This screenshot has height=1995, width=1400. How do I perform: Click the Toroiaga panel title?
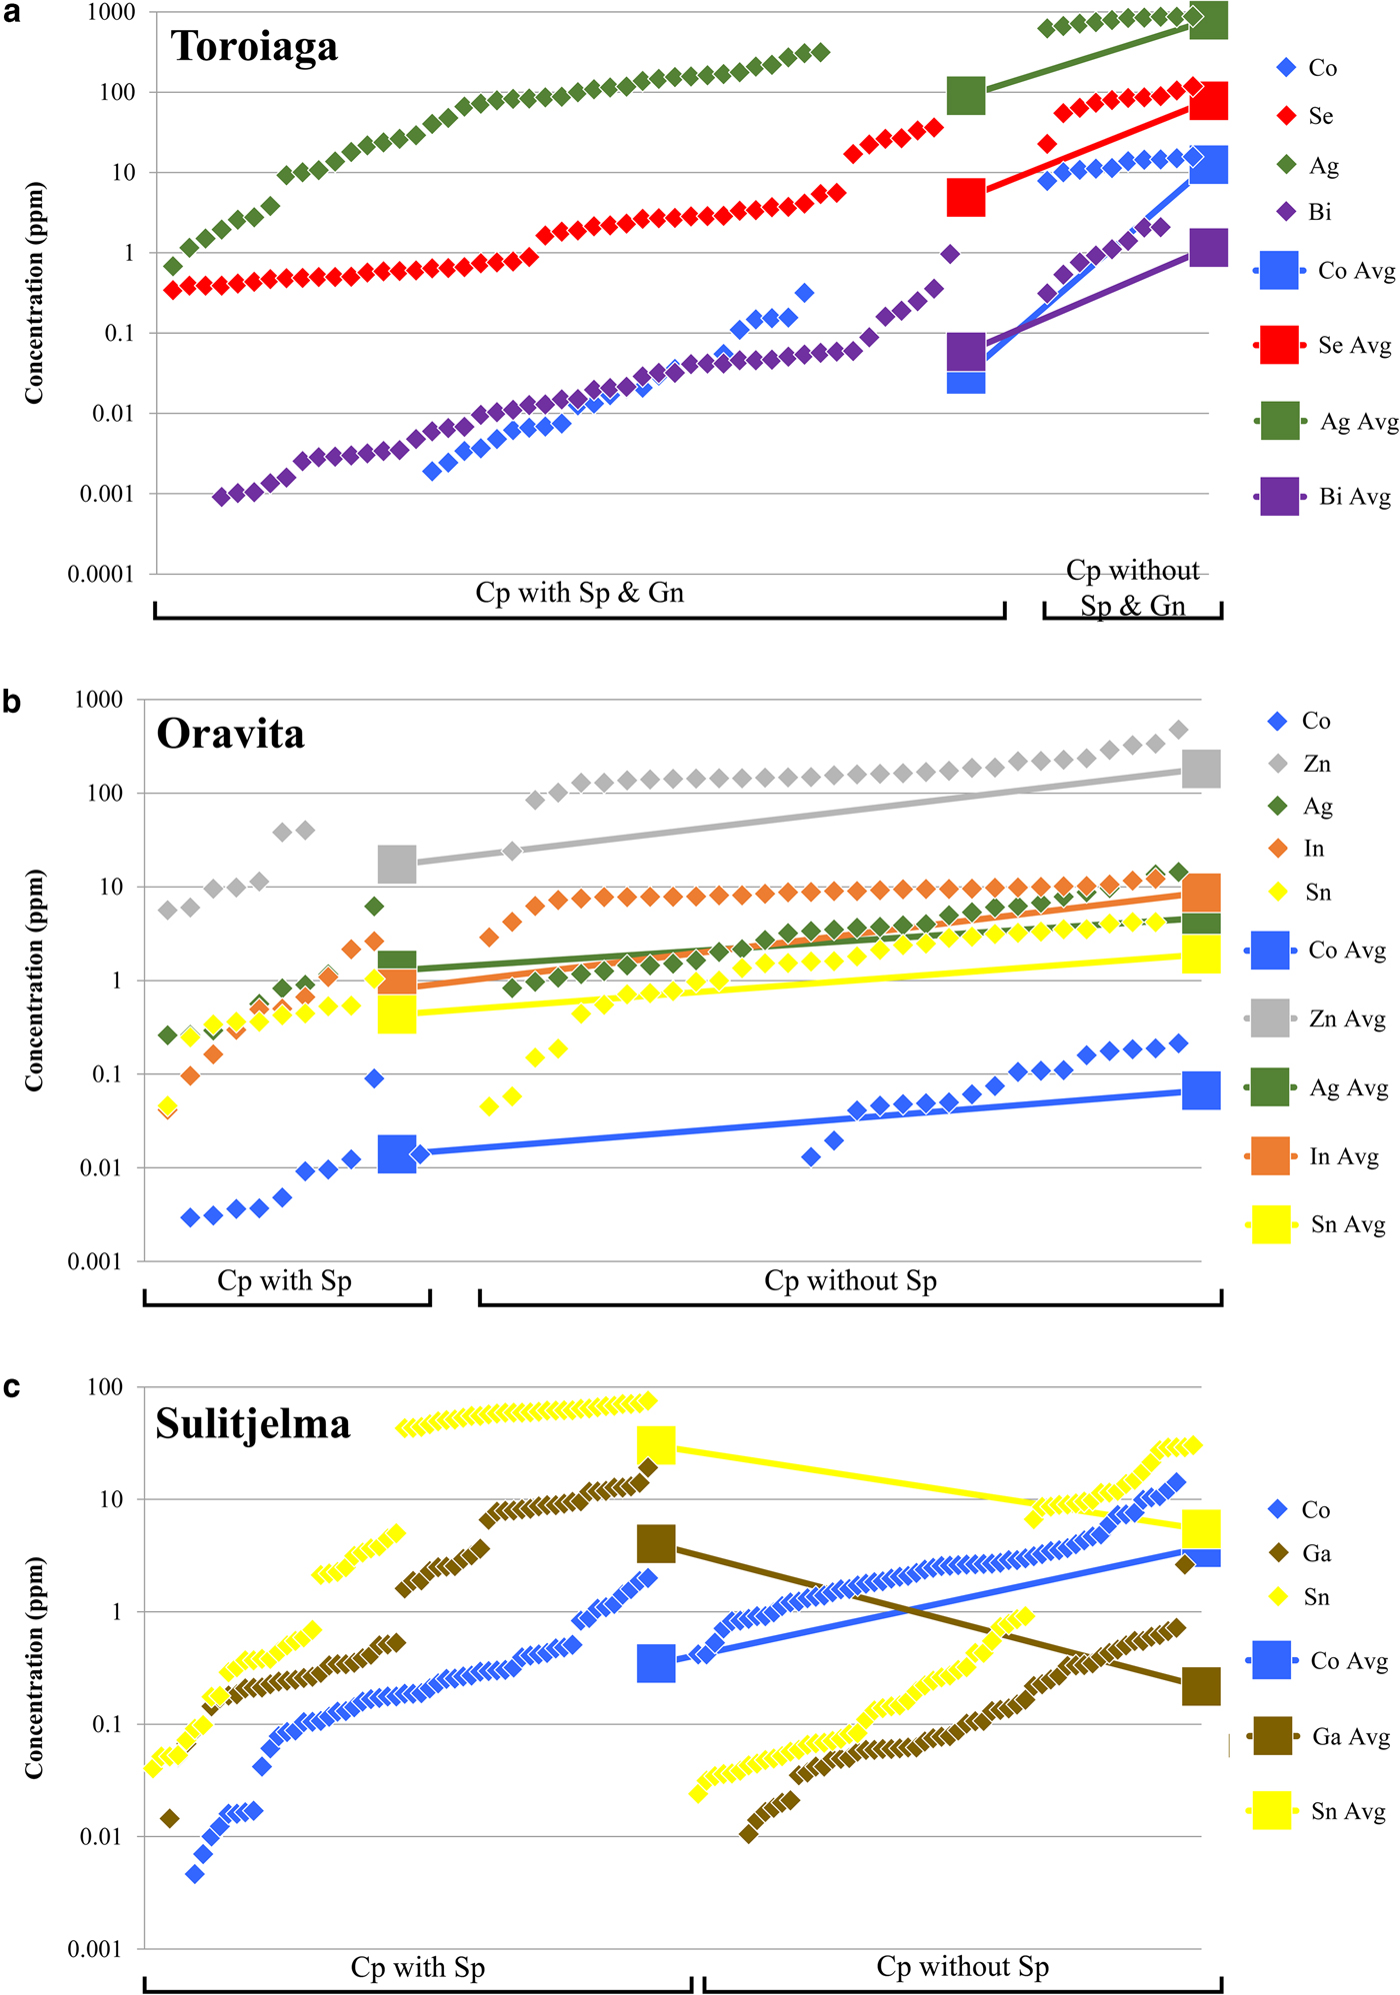pos(254,47)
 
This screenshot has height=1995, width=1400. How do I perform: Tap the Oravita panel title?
pos(230,735)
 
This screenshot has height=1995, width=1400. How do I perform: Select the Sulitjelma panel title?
pos(253,1423)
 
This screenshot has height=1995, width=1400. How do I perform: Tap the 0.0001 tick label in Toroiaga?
pos(100,575)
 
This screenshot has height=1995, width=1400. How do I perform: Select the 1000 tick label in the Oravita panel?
pos(99,700)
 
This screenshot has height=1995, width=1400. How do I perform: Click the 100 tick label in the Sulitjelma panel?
pos(105,1387)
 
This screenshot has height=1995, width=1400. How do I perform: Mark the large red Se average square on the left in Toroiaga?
pos(966,198)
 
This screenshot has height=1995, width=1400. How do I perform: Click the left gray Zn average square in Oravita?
pos(397,864)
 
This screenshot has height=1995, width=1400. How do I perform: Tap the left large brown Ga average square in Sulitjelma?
pos(656,1543)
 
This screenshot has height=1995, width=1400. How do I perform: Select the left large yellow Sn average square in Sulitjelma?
pos(656,1444)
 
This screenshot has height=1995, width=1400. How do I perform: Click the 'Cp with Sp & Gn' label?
pos(579,593)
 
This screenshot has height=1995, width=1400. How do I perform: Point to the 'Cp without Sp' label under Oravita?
pos(850,1280)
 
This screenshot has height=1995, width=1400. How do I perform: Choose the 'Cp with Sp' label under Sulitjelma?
pos(417,1967)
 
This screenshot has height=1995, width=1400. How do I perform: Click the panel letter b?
pos(12,702)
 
